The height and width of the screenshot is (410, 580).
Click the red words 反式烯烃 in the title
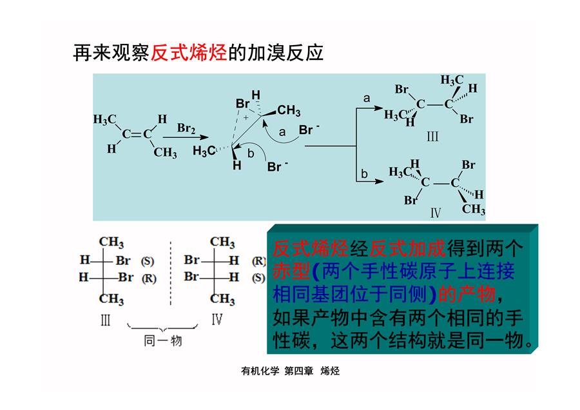pyautogui.click(x=189, y=53)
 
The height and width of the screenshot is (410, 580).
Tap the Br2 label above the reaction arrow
pyautogui.click(x=186, y=128)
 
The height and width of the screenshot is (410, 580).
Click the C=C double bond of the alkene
pyautogui.click(x=137, y=134)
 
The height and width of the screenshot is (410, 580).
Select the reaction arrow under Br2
pyautogui.click(x=186, y=137)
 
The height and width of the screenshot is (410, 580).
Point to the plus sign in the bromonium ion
pyautogui.click(x=246, y=118)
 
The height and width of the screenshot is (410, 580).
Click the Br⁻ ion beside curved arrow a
pyautogui.click(x=309, y=130)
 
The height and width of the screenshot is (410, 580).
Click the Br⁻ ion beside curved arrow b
pyautogui.click(x=277, y=166)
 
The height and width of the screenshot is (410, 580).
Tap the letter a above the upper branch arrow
pyautogui.click(x=367, y=98)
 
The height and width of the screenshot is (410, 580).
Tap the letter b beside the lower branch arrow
pyautogui.click(x=364, y=173)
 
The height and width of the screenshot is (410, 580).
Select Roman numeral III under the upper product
pyautogui.click(x=432, y=137)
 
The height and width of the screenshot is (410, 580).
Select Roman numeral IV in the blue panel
pyautogui.click(x=436, y=213)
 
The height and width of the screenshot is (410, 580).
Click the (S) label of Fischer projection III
pyautogui.click(x=147, y=261)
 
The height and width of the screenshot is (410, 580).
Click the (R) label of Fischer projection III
pyautogui.click(x=149, y=278)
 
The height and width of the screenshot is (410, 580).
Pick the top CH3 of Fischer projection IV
pyautogui.click(x=222, y=242)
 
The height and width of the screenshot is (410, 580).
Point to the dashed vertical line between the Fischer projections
pyautogui.click(x=171, y=273)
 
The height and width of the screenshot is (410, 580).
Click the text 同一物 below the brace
pyautogui.click(x=163, y=341)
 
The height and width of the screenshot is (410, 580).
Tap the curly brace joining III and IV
pyautogui.click(x=162, y=327)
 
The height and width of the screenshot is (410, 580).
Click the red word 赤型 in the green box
pyautogui.click(x=291, y=271)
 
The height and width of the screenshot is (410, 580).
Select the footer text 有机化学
pyautogui.click(x=260, y=371)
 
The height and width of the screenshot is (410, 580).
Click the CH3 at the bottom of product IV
pyautogui.click(x=474, y=209)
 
